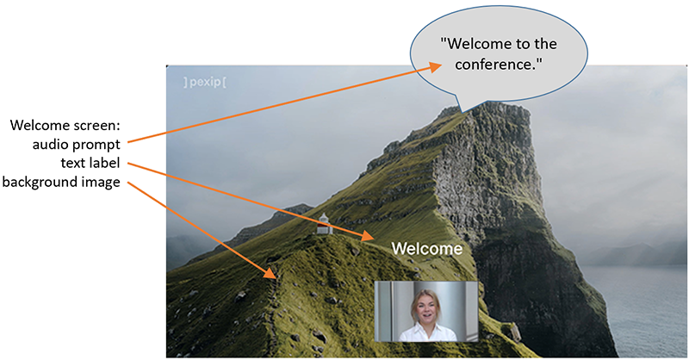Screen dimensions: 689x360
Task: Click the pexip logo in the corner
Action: click(x=205, y=82)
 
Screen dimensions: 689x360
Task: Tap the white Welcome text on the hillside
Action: click(x=427, y=249)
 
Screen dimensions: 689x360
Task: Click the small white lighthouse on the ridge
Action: click(x=324, y=223)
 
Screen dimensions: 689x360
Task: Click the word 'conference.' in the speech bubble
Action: click(x=499, y=65)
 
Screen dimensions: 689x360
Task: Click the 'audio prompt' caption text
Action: click(x=76, y=145)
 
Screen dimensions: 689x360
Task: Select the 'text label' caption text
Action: click(x=90, y=163)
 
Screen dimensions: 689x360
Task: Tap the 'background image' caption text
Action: click(x=61, y=182)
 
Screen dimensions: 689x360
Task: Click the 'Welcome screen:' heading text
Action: click(x=65, y=126)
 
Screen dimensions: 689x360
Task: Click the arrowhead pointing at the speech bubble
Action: click(x=435, y=67)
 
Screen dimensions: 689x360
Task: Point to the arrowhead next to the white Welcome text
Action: click(x=368, y=237)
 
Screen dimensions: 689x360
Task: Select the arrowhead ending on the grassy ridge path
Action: click(x=270, y=272)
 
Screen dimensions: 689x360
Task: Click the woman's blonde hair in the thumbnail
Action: click(x=425, y=299)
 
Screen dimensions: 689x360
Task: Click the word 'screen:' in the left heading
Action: click(x=95, y=126)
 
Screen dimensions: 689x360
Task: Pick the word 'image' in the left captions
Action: click(x=100, y=183)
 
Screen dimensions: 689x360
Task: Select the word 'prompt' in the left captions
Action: click(x=97, y=146)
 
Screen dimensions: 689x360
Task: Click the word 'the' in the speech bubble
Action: click(x=545, y=44)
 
